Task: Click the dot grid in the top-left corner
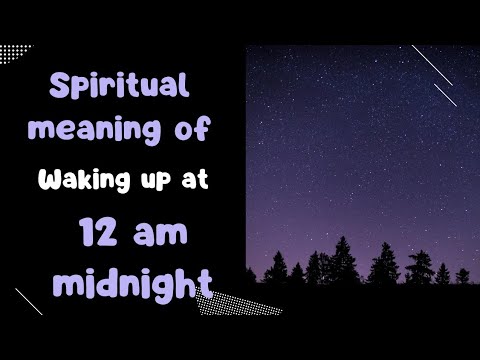[14, 49]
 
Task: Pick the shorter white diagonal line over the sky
[445, 95]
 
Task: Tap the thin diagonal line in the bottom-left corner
[28, 301]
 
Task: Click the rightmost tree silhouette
[462, 274]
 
